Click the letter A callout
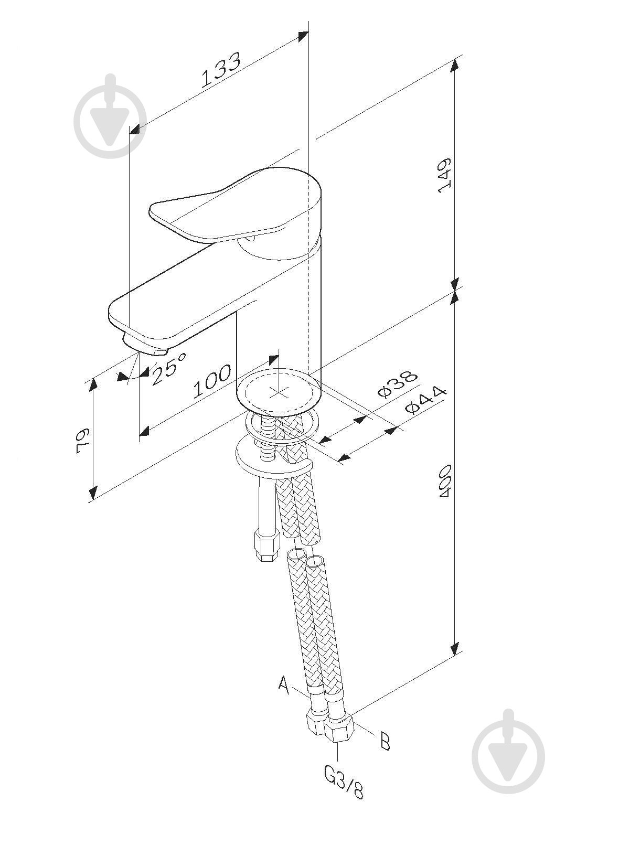click(284, 684)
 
